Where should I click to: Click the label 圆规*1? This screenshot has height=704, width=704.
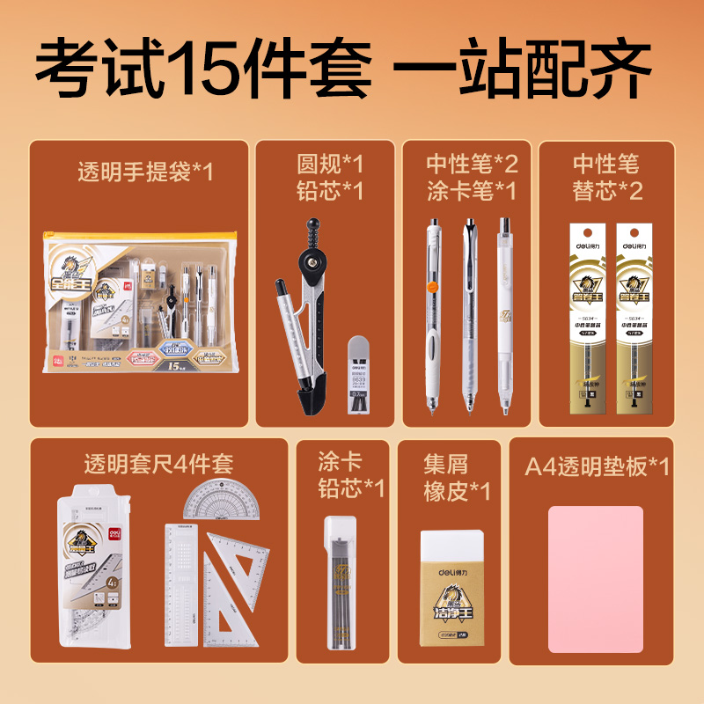coord(330,164)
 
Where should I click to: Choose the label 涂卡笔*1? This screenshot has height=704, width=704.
coord(472,190)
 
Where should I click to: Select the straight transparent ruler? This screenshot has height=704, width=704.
coord(181,585)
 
